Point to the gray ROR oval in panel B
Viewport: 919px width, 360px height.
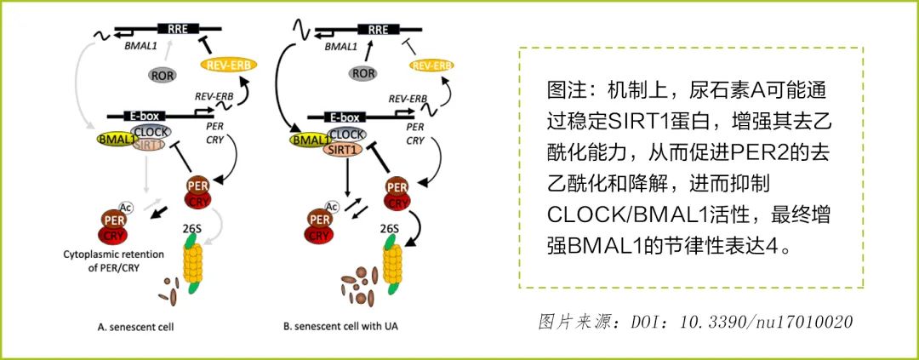[x=363, y=73]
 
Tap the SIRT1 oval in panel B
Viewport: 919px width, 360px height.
[x=344, y=149]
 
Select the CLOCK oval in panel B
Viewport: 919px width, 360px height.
[x=346, y=134]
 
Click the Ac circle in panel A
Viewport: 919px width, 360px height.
[x=125, y=206]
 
